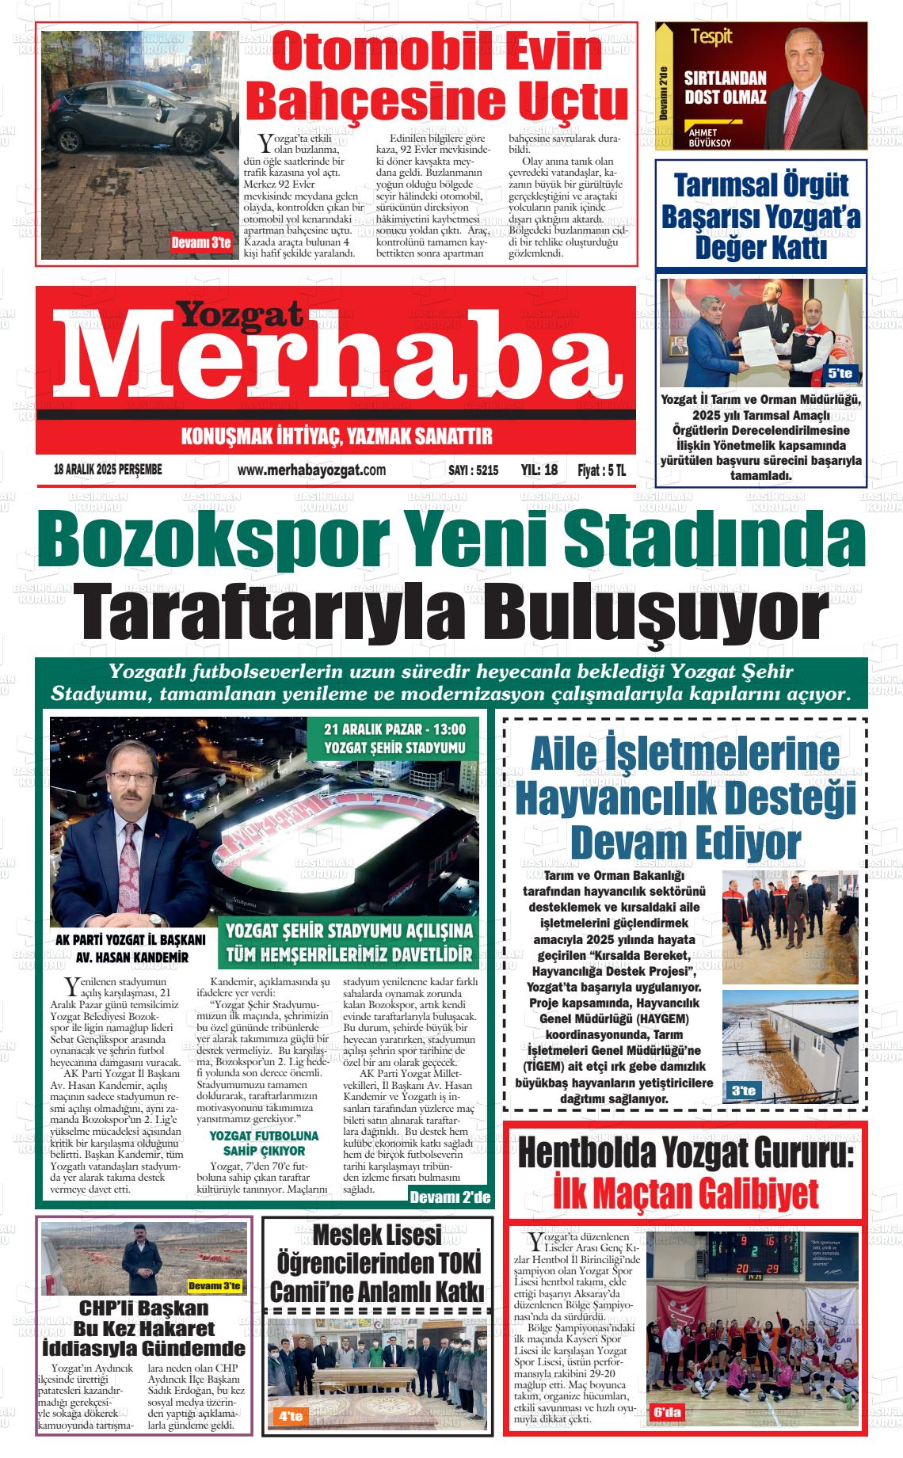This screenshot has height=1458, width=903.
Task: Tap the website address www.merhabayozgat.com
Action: point(311,470)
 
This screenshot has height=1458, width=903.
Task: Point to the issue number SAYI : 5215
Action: point(473,470)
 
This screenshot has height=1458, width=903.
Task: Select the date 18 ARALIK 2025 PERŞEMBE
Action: point(108,470)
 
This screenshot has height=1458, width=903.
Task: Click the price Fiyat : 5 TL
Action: point(601,470)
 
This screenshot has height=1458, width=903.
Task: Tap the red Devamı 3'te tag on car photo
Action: point(201,243)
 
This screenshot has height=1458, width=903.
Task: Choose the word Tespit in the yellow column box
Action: point(711,36)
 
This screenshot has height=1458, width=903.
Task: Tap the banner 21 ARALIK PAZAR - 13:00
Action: point(394,729)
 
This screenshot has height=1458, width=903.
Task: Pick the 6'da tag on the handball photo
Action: point(667,1412)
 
